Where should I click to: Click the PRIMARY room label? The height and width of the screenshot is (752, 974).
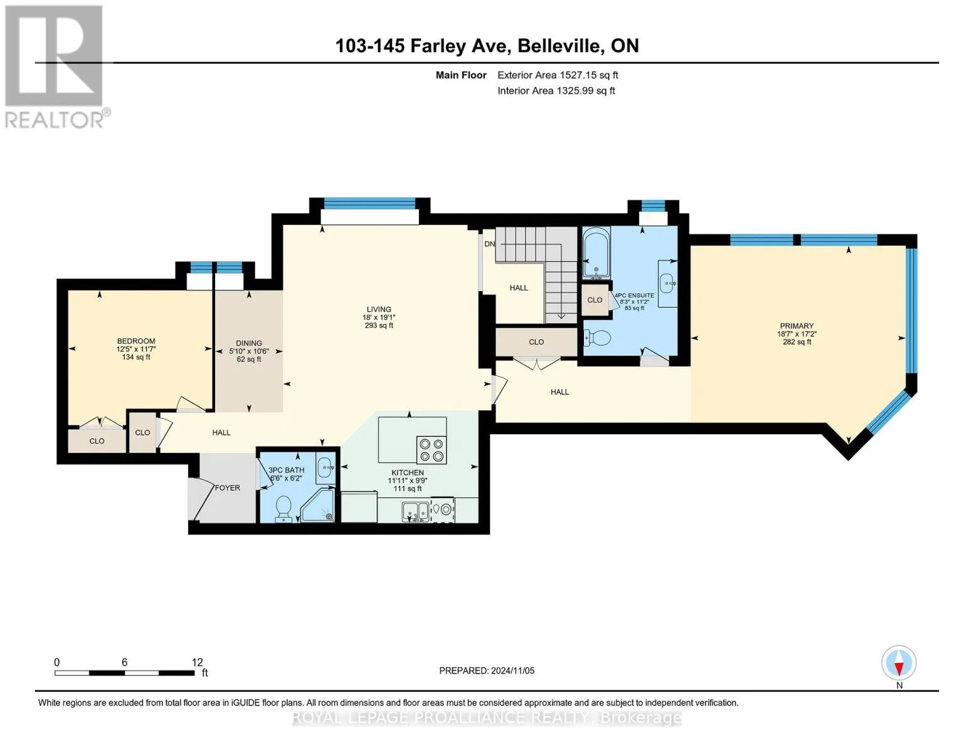tap(796, 326)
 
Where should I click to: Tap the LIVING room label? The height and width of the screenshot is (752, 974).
tap(379, 309)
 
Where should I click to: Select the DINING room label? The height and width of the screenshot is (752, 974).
tap(249, 343)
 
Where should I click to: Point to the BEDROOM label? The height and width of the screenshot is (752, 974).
tap(136, 342)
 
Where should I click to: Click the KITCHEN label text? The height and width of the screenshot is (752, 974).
tap(408, 473)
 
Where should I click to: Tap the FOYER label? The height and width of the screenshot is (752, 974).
tap(227, 488)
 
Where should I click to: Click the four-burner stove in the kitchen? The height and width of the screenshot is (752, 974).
tap(431, 450)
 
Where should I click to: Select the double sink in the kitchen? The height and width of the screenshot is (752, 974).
tap(416, 511)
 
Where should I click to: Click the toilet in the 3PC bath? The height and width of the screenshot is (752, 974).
tap(283, 509)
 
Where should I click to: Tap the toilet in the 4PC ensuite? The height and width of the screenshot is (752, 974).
tap(598, 338)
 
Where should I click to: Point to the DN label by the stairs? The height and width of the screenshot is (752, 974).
tap(489, 244)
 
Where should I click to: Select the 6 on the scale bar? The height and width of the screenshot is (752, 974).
tap(125, 662)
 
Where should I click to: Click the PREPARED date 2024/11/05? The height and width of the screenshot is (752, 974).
tap(513, 671)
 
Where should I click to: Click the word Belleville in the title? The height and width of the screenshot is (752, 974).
tap(559, 46)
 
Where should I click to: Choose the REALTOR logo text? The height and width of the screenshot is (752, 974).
tap(55, 120)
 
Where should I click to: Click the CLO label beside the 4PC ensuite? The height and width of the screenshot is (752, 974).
tap(595, 300)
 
